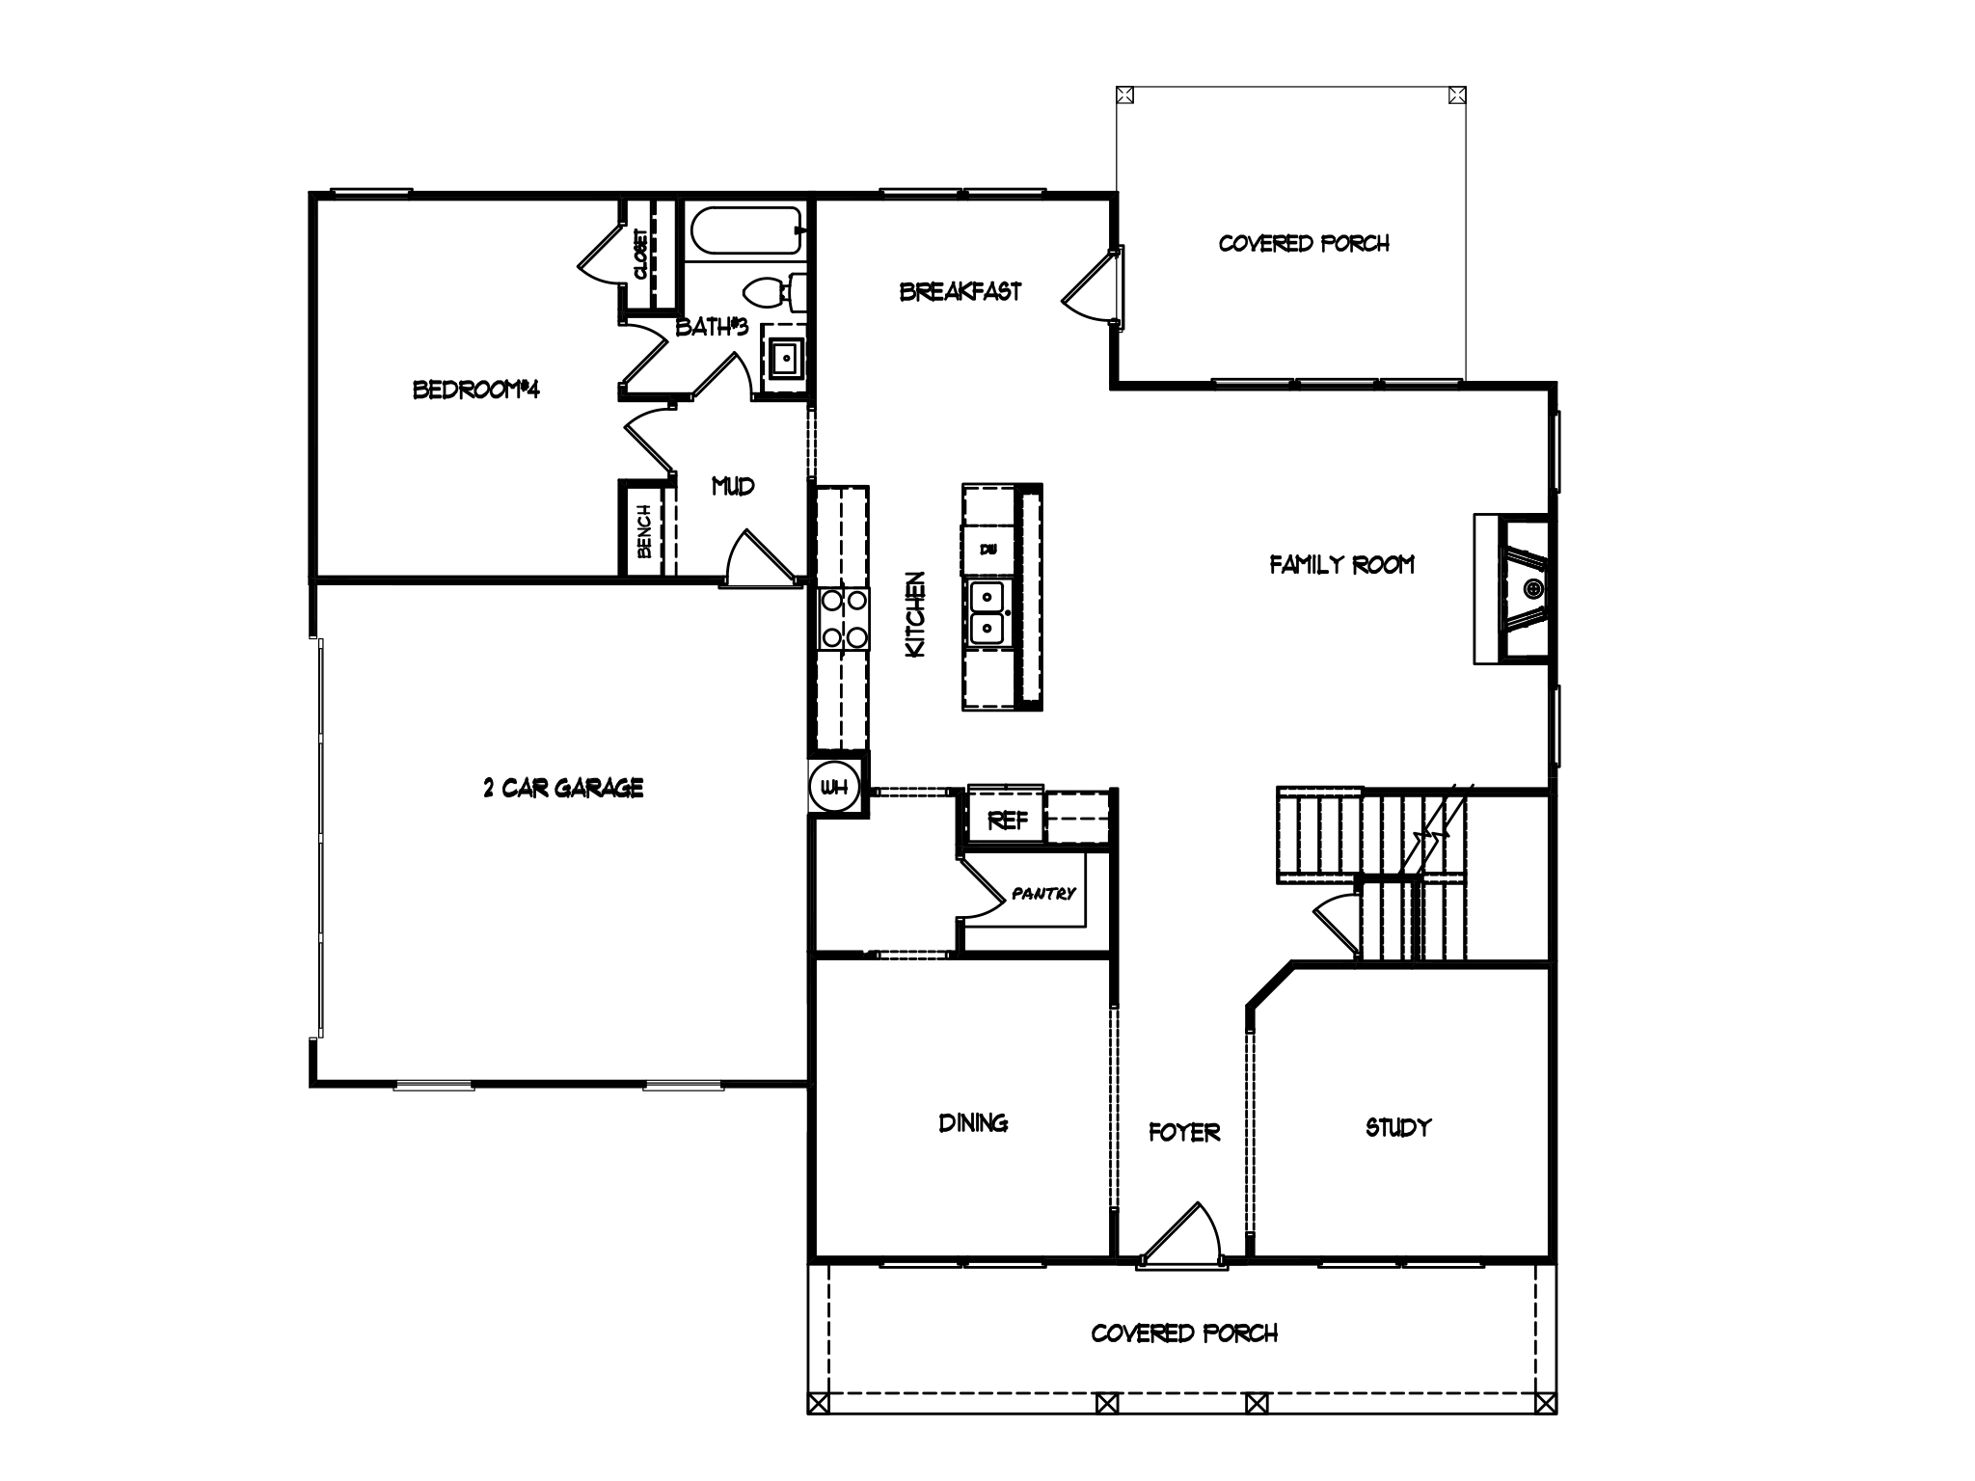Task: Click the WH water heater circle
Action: (833, 788)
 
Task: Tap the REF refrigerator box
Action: (1008, 821)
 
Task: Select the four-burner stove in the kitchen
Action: (842, 618)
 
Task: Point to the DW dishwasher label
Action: (987, 550)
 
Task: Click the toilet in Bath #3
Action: (777, 292)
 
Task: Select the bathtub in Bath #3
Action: (745, 231)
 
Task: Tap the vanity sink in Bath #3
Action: (787, 361)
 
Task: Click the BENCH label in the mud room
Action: (644, 530)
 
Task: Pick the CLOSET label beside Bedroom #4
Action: (640, 254)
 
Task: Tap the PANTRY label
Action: (1043, 894)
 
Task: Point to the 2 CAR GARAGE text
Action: (563, 788)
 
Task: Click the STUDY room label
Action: (1397, 1127)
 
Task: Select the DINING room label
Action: (973, 1122)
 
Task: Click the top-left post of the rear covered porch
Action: (1124, 95)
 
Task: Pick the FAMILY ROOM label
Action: (1341, 565)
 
